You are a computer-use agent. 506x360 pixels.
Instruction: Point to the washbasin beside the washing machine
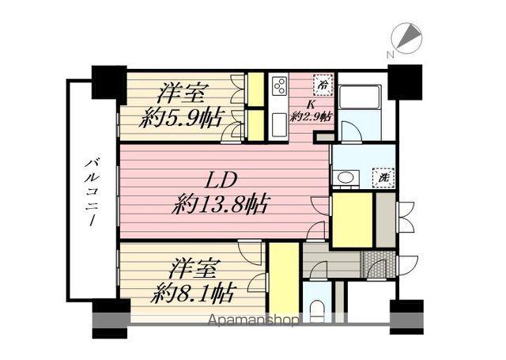344,179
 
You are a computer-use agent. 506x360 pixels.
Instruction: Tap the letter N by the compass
389,55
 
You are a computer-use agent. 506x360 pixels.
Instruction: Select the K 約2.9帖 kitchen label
312,111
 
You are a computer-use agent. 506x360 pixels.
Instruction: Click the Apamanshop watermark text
252,320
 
